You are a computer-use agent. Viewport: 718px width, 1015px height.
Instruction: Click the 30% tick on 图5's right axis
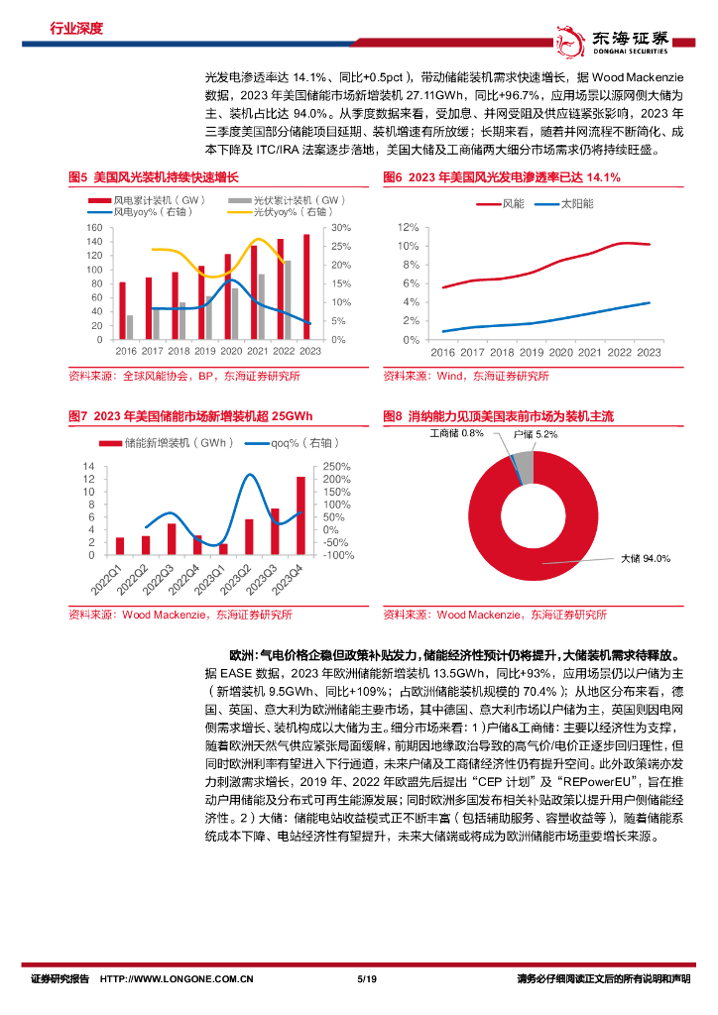pyautogui.click(x=339, y=227)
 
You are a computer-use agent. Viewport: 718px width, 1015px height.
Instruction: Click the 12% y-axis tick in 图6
pyautogui.click(x=408, y=227)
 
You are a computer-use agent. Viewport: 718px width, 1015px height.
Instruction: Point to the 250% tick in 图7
pyautogui.click(x=336, y=467)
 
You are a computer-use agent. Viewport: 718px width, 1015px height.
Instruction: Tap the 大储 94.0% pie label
pyautogui.click(x=646, y=559)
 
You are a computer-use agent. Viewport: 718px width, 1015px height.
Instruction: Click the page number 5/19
pyautogui.click(x=365, y=980)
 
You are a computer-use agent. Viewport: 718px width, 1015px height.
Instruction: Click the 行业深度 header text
pyautogui.click(x=76, y=28)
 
